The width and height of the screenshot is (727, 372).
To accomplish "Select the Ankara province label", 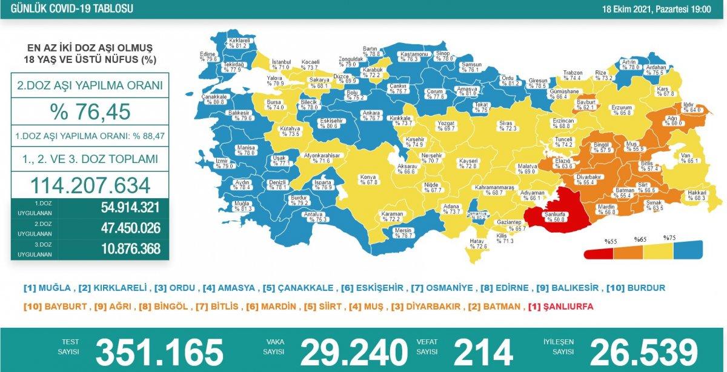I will tap(371, 115).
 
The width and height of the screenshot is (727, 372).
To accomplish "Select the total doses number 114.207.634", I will tap(89, 184).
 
